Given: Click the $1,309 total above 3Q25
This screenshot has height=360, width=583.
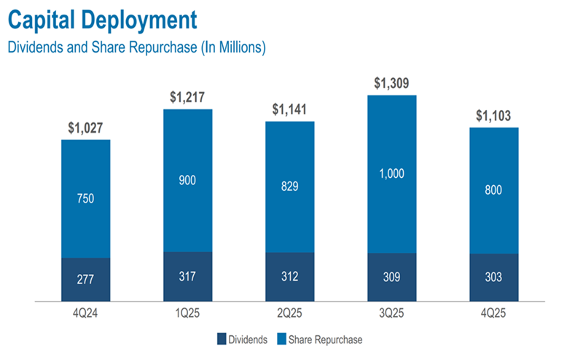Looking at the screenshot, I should point(391,83).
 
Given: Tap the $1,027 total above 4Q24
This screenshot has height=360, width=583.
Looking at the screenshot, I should point(85,128).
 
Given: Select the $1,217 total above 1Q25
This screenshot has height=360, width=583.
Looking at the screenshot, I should point(187,97).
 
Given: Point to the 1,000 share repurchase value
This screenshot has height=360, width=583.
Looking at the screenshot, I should point(391,174).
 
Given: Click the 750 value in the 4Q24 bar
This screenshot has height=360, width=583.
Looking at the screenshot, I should point(85,198).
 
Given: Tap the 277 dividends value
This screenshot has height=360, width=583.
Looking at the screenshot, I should point(85,280).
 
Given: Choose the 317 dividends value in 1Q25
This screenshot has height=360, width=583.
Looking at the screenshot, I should point(187,277).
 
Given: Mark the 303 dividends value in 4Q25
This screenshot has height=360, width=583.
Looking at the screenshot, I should point(493,278).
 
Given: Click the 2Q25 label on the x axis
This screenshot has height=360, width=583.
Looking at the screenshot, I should point(289,312).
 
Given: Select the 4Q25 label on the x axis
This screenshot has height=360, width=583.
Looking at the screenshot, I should point(493,312).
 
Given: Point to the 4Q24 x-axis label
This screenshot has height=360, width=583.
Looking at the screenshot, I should point(85,312).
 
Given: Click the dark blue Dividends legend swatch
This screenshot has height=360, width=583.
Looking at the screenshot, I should point(221,339).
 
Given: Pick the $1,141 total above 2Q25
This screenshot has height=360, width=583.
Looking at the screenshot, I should point(289,109).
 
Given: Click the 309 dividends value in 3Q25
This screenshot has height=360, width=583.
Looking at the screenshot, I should point(391,278).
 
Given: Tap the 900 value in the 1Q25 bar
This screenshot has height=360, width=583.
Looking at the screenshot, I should point(187,180).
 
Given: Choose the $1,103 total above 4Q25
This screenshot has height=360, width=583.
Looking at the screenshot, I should point(493,115).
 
